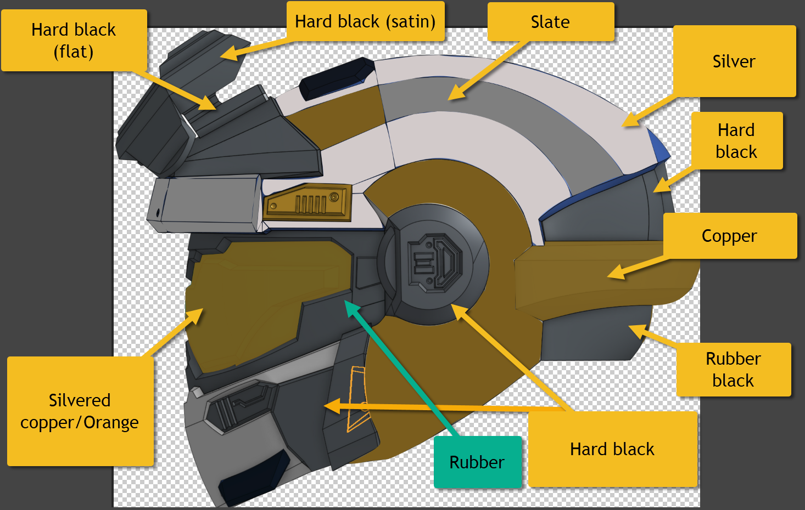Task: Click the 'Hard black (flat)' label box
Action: click(74, 40)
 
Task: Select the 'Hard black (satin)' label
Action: click(365, 21)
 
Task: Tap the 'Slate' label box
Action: click(550, 22)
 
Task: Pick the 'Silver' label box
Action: click(734, 61)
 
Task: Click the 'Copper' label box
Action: click(729, 236)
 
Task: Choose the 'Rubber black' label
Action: click(733, 369)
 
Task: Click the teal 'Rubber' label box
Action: click(477, 462)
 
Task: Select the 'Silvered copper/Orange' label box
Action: click(80, 411)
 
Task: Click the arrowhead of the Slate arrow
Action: click(452, 97)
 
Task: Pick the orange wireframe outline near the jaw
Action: click(357, 398)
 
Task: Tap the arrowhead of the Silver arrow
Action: click(627, 123)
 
